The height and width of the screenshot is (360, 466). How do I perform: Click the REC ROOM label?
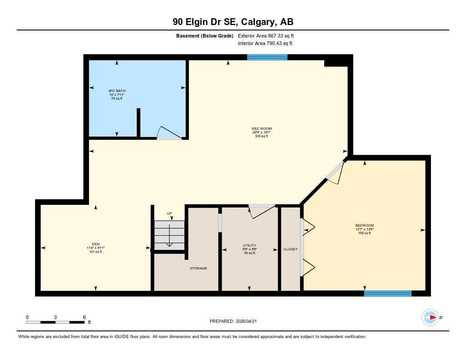262,129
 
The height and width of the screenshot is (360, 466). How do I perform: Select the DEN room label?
96,244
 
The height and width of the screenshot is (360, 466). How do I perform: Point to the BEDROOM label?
365,226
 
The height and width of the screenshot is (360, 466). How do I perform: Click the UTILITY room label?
249,246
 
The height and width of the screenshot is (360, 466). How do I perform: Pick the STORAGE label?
198,268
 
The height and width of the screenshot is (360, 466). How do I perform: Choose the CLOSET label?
290,249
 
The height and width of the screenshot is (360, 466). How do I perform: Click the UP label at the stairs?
169,213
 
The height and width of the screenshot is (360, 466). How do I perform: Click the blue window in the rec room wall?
267,57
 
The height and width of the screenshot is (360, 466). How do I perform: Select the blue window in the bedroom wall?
388,294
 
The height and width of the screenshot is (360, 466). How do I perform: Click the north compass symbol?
430,317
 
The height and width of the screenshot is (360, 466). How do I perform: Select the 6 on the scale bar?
84,317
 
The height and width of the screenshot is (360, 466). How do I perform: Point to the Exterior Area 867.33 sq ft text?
269,35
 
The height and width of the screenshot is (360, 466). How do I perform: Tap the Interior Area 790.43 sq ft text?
265,43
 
